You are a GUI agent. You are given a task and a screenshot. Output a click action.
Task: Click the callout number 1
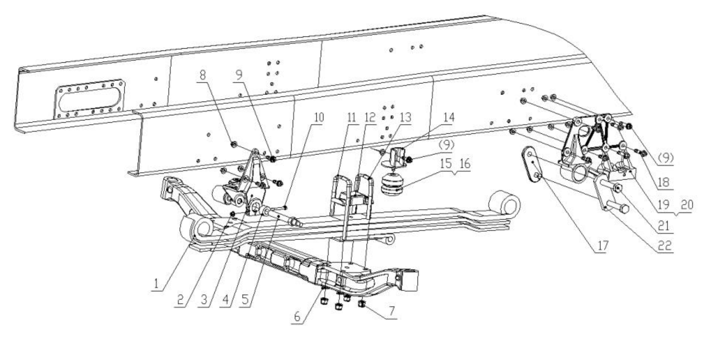(x=156, y=283)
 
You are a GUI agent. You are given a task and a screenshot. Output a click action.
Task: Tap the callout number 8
(x=202, y=75)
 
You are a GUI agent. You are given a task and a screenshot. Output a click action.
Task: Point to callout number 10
(x=318, y=117)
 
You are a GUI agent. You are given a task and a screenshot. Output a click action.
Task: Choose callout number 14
(x=448, y=117)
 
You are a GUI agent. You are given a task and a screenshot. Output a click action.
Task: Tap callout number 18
(x=663, y=182)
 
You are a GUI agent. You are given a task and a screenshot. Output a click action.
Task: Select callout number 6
(x=297, y=316)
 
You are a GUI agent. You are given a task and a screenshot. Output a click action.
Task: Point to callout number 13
(x=405, y=117)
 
